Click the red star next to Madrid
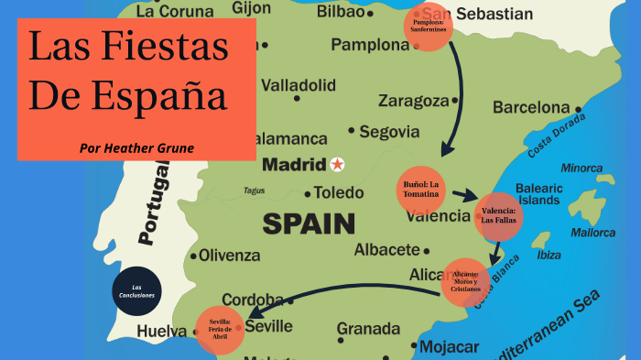click(x=338, y=165)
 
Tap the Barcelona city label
click(x=531, y=107)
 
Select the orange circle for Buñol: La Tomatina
click(x=422, y=188)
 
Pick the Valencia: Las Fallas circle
click(x=499, y=216)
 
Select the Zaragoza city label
click(x=413, y=101)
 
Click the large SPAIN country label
click(x=309, y=223)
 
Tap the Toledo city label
click(x=339, y=193)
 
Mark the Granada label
click(x=368, y=328)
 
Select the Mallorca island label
click(x=592, y=232)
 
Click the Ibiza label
click(x=549, y=256)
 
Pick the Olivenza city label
click(x=230, y=256)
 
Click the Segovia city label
click(x=389, y=132)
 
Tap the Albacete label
click(x=386, y=249)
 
